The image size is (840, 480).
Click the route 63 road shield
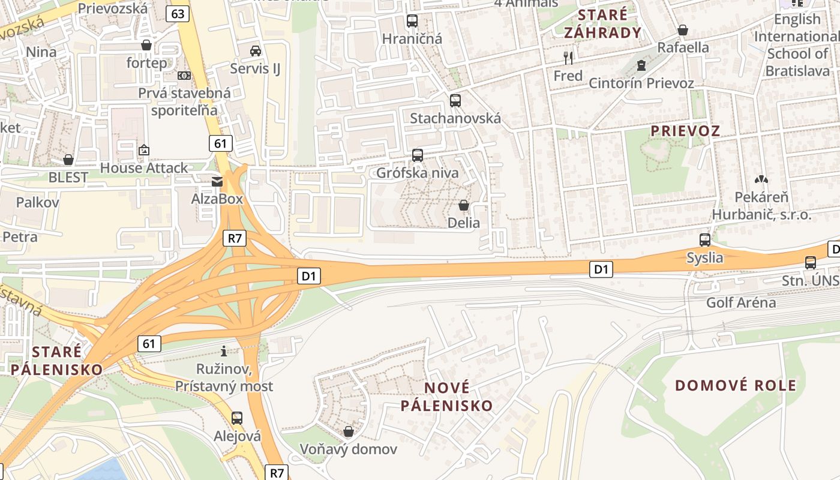point(179,13)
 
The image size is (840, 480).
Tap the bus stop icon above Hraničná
point(412,21)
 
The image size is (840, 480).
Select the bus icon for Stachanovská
point(455,101)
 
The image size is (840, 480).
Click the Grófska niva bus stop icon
point(418,155)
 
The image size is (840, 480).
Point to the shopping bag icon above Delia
point(464,206)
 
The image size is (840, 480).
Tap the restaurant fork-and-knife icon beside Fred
point(568,58)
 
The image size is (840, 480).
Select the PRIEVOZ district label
point(685,131)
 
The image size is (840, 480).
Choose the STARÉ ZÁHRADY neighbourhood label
point(602,23)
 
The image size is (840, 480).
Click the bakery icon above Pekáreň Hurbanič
point(761,179)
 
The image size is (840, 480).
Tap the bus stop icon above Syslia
point(705,240)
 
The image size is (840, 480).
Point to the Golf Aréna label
point(740,302)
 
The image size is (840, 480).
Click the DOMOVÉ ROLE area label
point(736,385)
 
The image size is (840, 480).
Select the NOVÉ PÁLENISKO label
point(446,396)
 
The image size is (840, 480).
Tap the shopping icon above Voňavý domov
point(349,431)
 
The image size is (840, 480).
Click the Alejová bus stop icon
point(237,418)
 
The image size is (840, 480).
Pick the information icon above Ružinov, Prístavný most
point(224,351)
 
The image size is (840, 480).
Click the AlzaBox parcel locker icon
point(217,181)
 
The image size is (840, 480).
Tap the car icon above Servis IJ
point(256,51)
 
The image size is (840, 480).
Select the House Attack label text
point(144,168)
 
